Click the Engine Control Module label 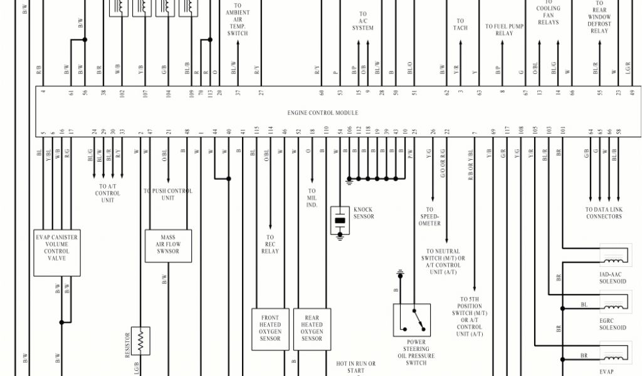pyautogui.click(x=323, y=113)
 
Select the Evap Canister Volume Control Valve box pyautogui.click(x=57, y=252)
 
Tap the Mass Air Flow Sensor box pyautogui.click(x=168, y=246)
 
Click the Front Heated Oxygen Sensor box pyautogui.click(x=270, y=328)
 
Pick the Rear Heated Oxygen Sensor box pyautogui.click(x=312, y=328)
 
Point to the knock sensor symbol pyautogui.click(x=340, y=221)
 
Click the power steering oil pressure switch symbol pyautogui.click(x=412, y=320)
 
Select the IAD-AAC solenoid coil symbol pyautogui.click(x=613, y=257)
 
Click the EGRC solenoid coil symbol pyautogui.click(x=613, y=305)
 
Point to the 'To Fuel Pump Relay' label pyautogui.click(x=503, y=30)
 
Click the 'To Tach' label pyautogui.click(x=460, y=24)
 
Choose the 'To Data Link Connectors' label pyautogui.click(x=604, y=213)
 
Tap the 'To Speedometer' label pyautogui.click(x=429, y=217)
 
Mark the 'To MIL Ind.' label pyautogui.click(x=312, y=197)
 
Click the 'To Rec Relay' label pyautogui.click(x=270, y=244)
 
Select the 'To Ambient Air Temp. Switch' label pyautogui.click(x=238, y=19)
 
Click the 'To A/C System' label pyautogui.click(x=363, y=21)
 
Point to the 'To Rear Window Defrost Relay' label pyautogui.click(x=599, y=17)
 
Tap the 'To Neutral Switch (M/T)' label pyautogui.click(x=444, y=261)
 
